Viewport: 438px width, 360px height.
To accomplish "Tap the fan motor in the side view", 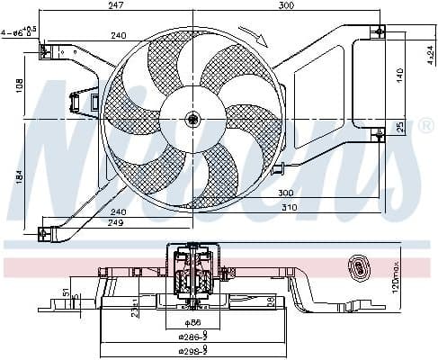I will pos(192,269).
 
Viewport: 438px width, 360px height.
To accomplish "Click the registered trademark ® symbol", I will pos(426,127).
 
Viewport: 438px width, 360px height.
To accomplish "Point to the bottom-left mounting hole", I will pos(40,235).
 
